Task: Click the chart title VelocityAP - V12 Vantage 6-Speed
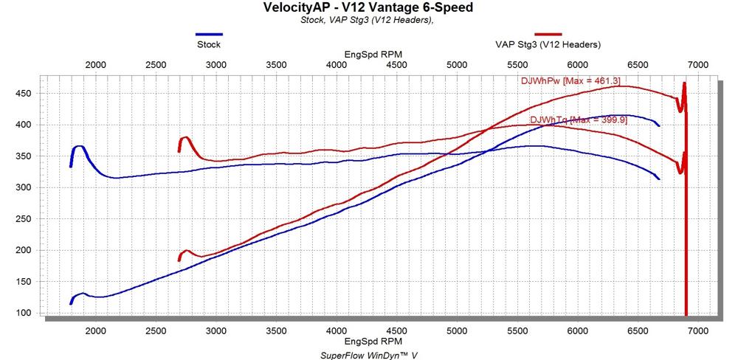point(368,8)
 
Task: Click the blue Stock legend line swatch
point(209,34)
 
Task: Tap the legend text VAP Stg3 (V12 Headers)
point(548,44)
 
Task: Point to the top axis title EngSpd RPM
point(373,55)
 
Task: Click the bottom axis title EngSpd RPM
point(373,342)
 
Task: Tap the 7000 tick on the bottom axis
point(697,331)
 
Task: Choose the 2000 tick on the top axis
point(95,65)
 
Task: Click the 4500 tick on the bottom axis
point(396,331)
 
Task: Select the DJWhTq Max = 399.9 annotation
point(579,120)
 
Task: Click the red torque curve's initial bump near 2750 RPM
point(186,137)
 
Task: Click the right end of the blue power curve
point(658,125)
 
